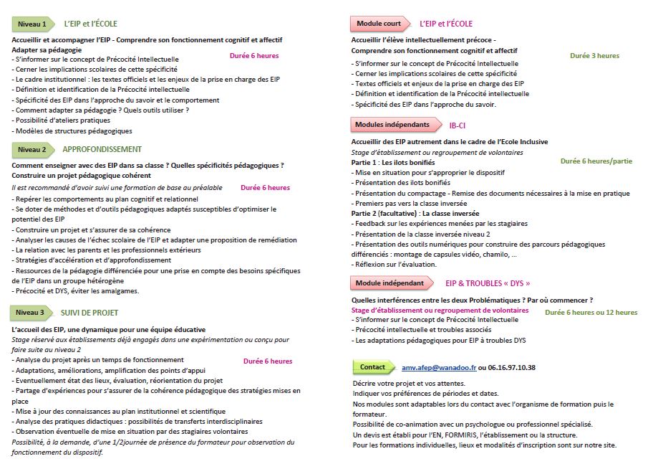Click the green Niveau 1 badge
[x=32, y=24]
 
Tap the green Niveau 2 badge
[x=32, y=149]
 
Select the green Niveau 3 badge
[x=32, y=313]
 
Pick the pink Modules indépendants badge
[x=393, y=125]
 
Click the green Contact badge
[x=373, y=367]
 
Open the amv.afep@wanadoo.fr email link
[x=439, y=367]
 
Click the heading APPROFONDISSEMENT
[x=102, y=149]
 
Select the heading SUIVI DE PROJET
[x=90, y=313]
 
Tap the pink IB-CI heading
[x=458, y=125]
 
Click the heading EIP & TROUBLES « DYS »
[x=488, y=283]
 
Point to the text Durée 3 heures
[x=594, y=55]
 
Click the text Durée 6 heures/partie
[x=596, y=161]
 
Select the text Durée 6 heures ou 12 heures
[x=591, y=313]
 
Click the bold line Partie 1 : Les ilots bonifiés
[x=393, y=163]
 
